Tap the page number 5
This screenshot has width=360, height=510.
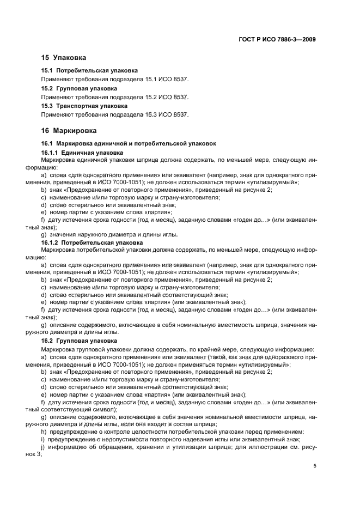(x=315, y=466)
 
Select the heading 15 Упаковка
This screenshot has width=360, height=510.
(x=64, y=57)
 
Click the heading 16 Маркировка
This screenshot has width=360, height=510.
(x=69, y=131)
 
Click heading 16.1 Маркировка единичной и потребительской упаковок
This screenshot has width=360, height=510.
(x=129, y=143)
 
